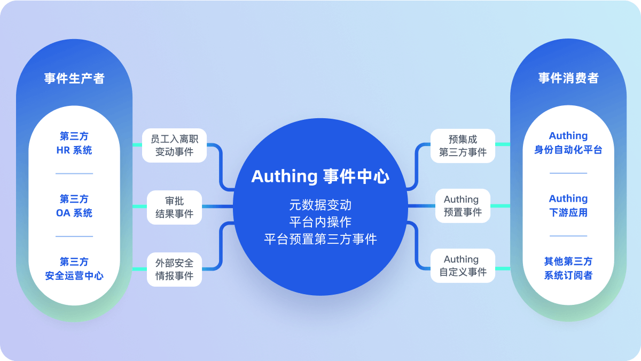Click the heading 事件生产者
74,79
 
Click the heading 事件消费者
568,78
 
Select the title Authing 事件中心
320,176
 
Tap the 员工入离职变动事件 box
174,145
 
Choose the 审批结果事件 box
174,208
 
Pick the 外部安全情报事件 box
174,270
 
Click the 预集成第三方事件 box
463,145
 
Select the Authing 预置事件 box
463,206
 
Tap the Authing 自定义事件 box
463,266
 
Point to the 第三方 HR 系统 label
74,143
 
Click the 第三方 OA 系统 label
74,206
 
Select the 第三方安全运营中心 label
74,268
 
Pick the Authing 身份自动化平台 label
568,143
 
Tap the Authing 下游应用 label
568,205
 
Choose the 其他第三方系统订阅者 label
568,268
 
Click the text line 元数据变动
320,205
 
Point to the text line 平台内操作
320,222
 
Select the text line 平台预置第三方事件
320,239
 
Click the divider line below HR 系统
74,174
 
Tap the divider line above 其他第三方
568,236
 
